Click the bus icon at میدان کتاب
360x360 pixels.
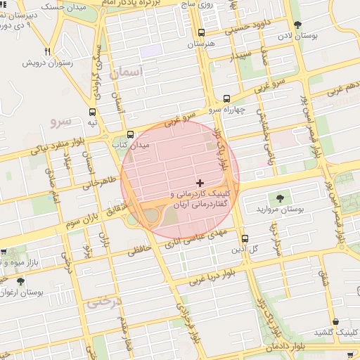pos(129,134)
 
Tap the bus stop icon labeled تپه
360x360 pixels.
pos(93,112)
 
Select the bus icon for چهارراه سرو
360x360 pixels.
pos(226,99)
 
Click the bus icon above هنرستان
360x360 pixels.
pos(202,32)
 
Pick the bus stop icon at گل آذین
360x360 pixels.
pos(245,238)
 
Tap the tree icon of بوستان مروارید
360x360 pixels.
pos(281,198)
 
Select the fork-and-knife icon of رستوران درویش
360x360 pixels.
pos(47,51)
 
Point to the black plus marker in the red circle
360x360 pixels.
pos(200,182)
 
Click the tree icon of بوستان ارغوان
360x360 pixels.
pos(20,280)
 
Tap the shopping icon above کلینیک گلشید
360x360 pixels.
pos(335,321)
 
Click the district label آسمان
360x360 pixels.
pos(127,72)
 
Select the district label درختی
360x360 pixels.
pos(105,302)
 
